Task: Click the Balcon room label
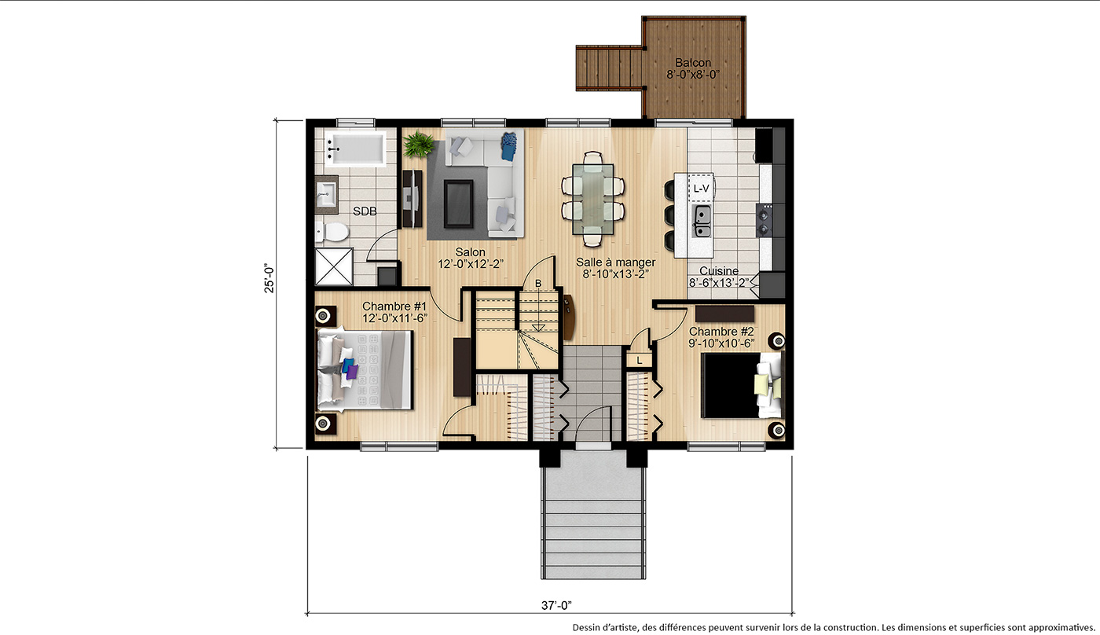(693, 63)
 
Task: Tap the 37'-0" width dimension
(556, 606)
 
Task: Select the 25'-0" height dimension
(269, 278)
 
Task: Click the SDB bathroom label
(365, 211)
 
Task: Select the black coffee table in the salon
(459, 204)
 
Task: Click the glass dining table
(592, 199)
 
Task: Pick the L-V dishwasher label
(701, 188)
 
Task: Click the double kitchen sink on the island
(702, 222)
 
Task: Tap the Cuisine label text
(719, 271)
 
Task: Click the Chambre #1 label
(394, 306)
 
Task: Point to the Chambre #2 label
(721, 332)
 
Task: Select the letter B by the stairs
(538, 284)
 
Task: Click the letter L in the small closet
(640, 361)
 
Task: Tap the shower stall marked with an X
(334, 266)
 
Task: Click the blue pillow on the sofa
(509, 146)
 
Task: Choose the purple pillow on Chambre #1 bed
(352, 372)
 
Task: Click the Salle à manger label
(616, 262)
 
